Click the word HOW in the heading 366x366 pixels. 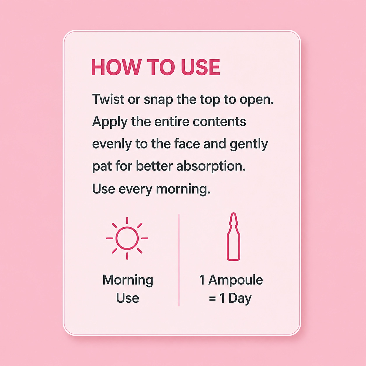(x=116, y=67)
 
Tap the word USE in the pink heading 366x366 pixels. (x=201, y=67)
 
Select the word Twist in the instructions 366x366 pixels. (x=108, y=99)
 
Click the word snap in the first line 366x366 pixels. (x=158, y=100)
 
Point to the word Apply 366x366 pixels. (x=109, y=122)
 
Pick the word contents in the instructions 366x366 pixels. (x=219, y=122)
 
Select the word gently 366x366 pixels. (x=249, y=145)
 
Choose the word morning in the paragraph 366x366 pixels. (x=183, y=190)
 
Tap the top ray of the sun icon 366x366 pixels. (x=127, y=221)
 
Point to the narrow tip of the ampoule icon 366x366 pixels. (x=233, y=213)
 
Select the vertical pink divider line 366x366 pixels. (x=179, y=260)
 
